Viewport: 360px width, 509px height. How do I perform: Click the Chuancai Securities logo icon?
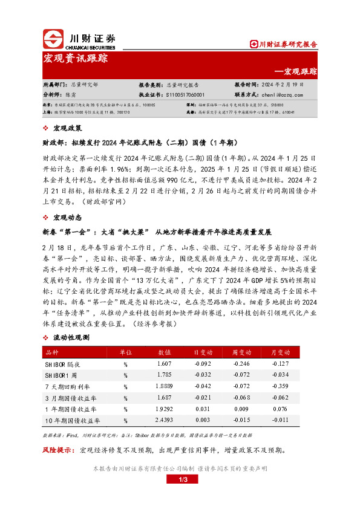pos(53,39)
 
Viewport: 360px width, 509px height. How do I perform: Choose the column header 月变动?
pos(280,352)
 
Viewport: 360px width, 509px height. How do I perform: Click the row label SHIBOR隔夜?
pos(63,363)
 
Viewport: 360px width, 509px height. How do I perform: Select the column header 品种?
pos(52,352)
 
